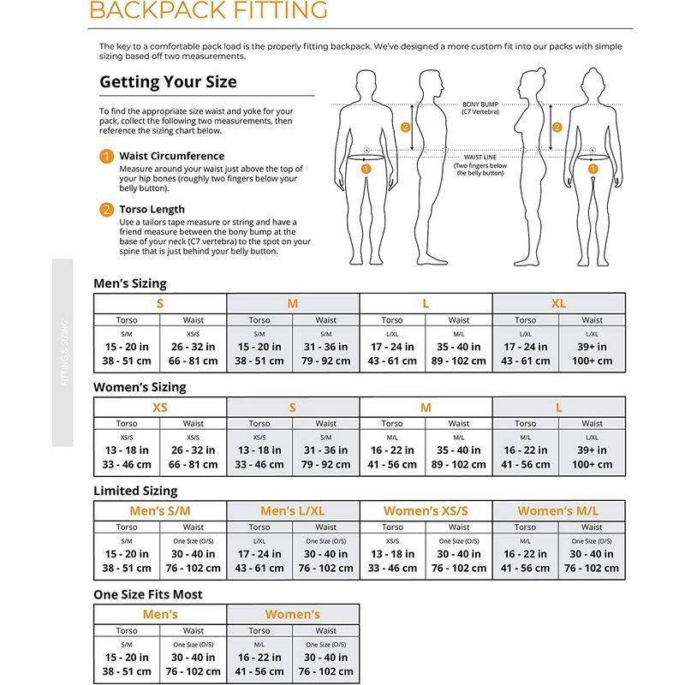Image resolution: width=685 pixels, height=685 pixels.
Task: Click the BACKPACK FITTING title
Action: pos(208,10)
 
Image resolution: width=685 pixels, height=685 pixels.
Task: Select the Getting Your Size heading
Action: pos(169,83)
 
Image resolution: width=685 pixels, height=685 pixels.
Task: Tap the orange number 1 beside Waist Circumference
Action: pos(106,156)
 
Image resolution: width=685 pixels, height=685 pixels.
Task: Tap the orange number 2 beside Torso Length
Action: pos(106,209)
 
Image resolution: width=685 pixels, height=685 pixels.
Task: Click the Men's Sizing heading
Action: pos(130,283)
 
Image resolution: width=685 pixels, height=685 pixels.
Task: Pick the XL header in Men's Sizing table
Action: pos(559,303)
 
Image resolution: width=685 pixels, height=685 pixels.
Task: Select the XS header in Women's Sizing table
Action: pos(160,408)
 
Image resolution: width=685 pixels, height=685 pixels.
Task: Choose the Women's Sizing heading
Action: pos(140,387)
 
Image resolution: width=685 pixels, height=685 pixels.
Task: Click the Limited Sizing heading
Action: pos(135,491)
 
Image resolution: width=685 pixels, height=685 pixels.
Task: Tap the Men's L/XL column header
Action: pos(293,511)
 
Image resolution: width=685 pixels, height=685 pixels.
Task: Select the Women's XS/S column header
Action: pos(426,511)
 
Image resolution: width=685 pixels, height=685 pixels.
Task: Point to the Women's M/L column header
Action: pos(558,511)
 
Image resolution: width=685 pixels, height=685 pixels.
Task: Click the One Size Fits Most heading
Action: pos(147,594)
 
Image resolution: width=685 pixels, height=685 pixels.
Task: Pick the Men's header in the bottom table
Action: pos(160,615)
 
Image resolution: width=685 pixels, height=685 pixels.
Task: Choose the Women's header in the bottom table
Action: pos(293,615)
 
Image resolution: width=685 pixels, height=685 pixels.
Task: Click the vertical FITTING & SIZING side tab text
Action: pos(65,352)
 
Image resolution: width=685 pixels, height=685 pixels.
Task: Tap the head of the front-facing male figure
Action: pos(366,84)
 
